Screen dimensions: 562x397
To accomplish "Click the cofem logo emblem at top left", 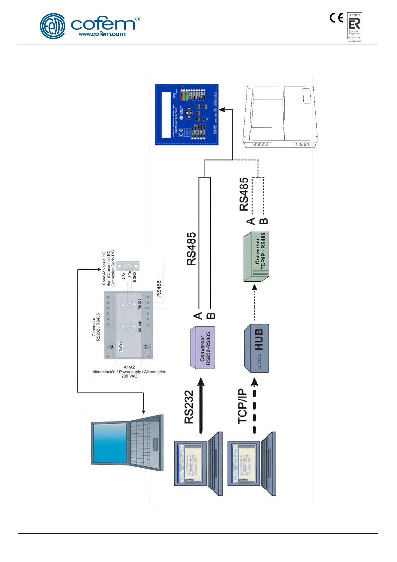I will point(52,26).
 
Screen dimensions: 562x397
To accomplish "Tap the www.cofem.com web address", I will point(102,34).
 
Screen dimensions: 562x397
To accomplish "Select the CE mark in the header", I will point(336,18).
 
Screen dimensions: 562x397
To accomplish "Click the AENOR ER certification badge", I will point(355,26).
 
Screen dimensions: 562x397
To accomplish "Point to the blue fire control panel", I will point(186,114).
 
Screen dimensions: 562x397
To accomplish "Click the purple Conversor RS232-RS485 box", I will point(203,348).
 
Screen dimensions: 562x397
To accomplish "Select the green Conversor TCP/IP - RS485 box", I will point(257,257).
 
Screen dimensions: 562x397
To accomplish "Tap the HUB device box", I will point(257,348).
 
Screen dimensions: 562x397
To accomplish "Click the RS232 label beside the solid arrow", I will point(189,407).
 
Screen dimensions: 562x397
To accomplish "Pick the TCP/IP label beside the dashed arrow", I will point(243,406).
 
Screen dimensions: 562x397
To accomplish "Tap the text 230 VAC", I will point(129,376).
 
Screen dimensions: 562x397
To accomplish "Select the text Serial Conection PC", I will point(108,268).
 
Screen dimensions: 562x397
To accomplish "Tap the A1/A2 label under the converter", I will point(129,367).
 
